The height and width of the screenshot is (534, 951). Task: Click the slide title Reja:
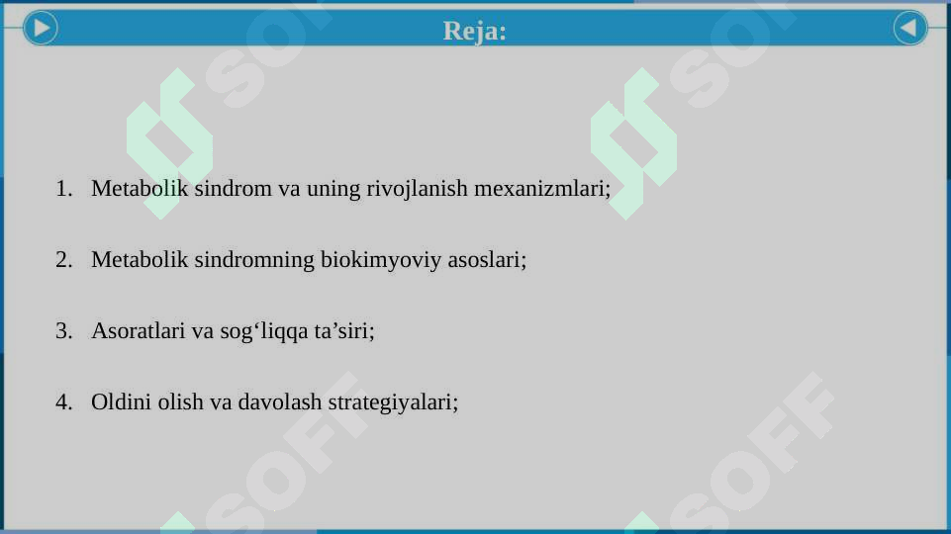475,31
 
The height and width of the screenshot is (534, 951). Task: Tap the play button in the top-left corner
40,28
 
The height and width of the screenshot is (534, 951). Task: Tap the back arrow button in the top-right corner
909,28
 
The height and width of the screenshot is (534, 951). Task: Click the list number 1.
64,188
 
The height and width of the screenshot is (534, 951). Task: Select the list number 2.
64,260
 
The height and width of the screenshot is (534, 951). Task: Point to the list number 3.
64,330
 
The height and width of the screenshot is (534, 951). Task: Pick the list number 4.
64,402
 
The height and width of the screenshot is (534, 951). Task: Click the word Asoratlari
138,330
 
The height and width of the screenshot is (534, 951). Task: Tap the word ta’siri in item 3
344,330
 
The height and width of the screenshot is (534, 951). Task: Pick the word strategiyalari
391,403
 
